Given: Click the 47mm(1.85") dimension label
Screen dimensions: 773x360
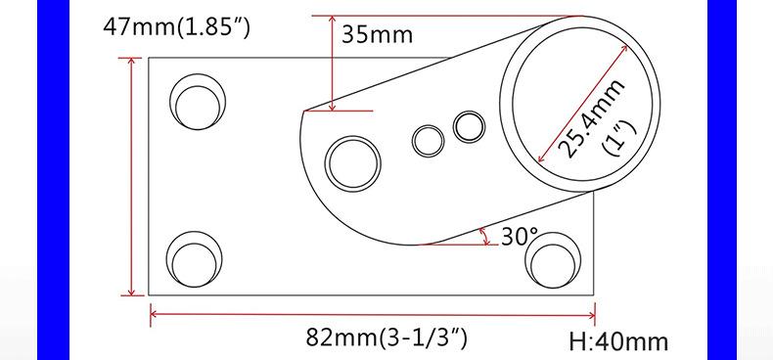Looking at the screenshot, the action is click(176, 27).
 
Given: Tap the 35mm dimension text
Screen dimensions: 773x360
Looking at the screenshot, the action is click(377, 35).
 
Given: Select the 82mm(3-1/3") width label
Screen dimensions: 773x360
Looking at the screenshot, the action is click(386, 337).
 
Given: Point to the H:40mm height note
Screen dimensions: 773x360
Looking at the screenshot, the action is click(618, 341).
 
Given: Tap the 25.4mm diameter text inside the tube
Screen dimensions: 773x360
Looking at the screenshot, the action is click(592, 118).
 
